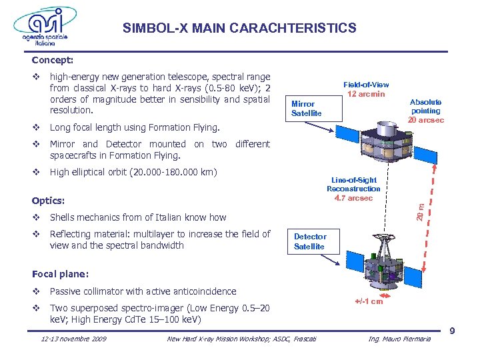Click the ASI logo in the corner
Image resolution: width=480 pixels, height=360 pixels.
click(x=41, y=27)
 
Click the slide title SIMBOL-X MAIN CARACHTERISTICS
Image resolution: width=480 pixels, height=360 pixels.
click(x=239, y=29)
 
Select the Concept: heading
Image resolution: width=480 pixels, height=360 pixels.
click(x=55, y=59)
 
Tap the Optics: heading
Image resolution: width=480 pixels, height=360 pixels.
click(x=49, y=200)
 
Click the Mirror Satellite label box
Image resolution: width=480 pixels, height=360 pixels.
click(x=306, y=109)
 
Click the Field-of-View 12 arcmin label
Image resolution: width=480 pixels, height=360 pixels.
click(x=366, y=89)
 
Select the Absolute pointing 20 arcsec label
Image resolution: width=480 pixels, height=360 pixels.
click(x=425, y=111)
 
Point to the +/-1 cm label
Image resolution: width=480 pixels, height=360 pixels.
click(x=368, y=301)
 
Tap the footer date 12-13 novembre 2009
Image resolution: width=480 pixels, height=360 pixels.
click(x=73, y=340)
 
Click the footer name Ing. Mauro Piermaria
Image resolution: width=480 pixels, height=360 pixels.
click(x=400, y=340)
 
